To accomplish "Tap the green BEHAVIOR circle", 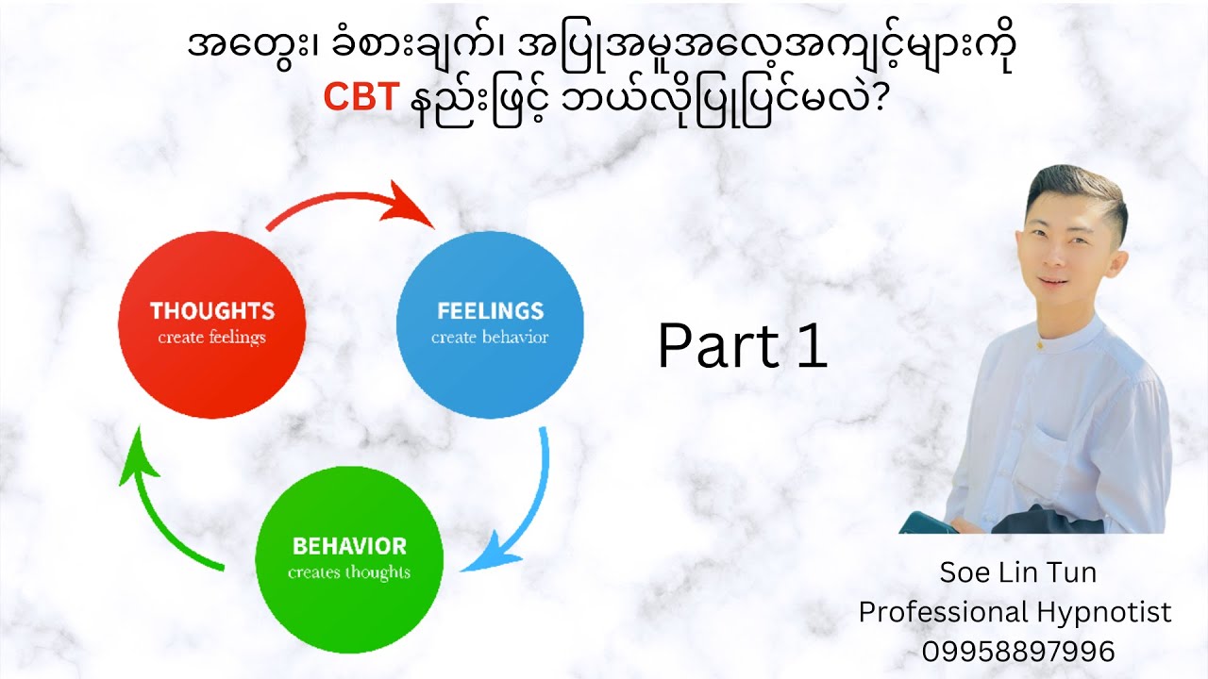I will tap(349, 558).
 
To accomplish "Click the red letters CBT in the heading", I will tap(360, 96).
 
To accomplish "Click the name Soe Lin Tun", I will tap(1017, 571).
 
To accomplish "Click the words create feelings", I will tap(211, 338).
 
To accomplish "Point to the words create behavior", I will tap(490, 338).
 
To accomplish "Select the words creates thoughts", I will tap(349, 572).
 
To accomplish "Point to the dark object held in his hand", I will tap(929, 522).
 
